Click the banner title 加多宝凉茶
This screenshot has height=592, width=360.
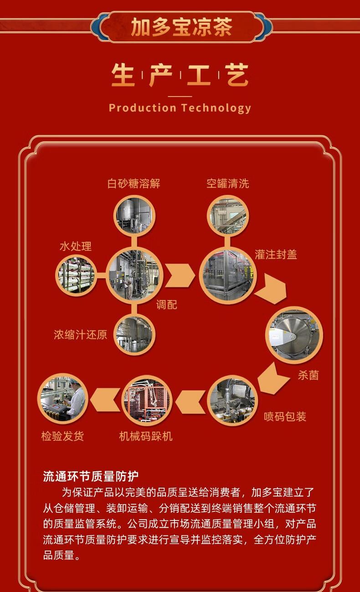coord(181,27)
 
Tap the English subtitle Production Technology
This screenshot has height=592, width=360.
coord(180,108)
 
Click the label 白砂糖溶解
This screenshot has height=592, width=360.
coord(134,184)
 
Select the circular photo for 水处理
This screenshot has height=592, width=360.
coord(76,275)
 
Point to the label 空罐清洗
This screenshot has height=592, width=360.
coord(228,184)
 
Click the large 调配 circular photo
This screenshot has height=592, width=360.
coord(134,275)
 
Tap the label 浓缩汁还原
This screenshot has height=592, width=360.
coord(80,335)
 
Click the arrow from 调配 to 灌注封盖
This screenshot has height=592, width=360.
coord(180,275)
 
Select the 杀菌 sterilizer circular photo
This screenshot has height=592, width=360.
coord(294,335)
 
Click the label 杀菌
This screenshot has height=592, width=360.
coord(308,375)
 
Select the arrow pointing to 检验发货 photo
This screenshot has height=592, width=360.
coord(105,400)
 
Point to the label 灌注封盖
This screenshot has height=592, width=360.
coord(276,254)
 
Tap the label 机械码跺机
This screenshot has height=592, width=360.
coord(146,436)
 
